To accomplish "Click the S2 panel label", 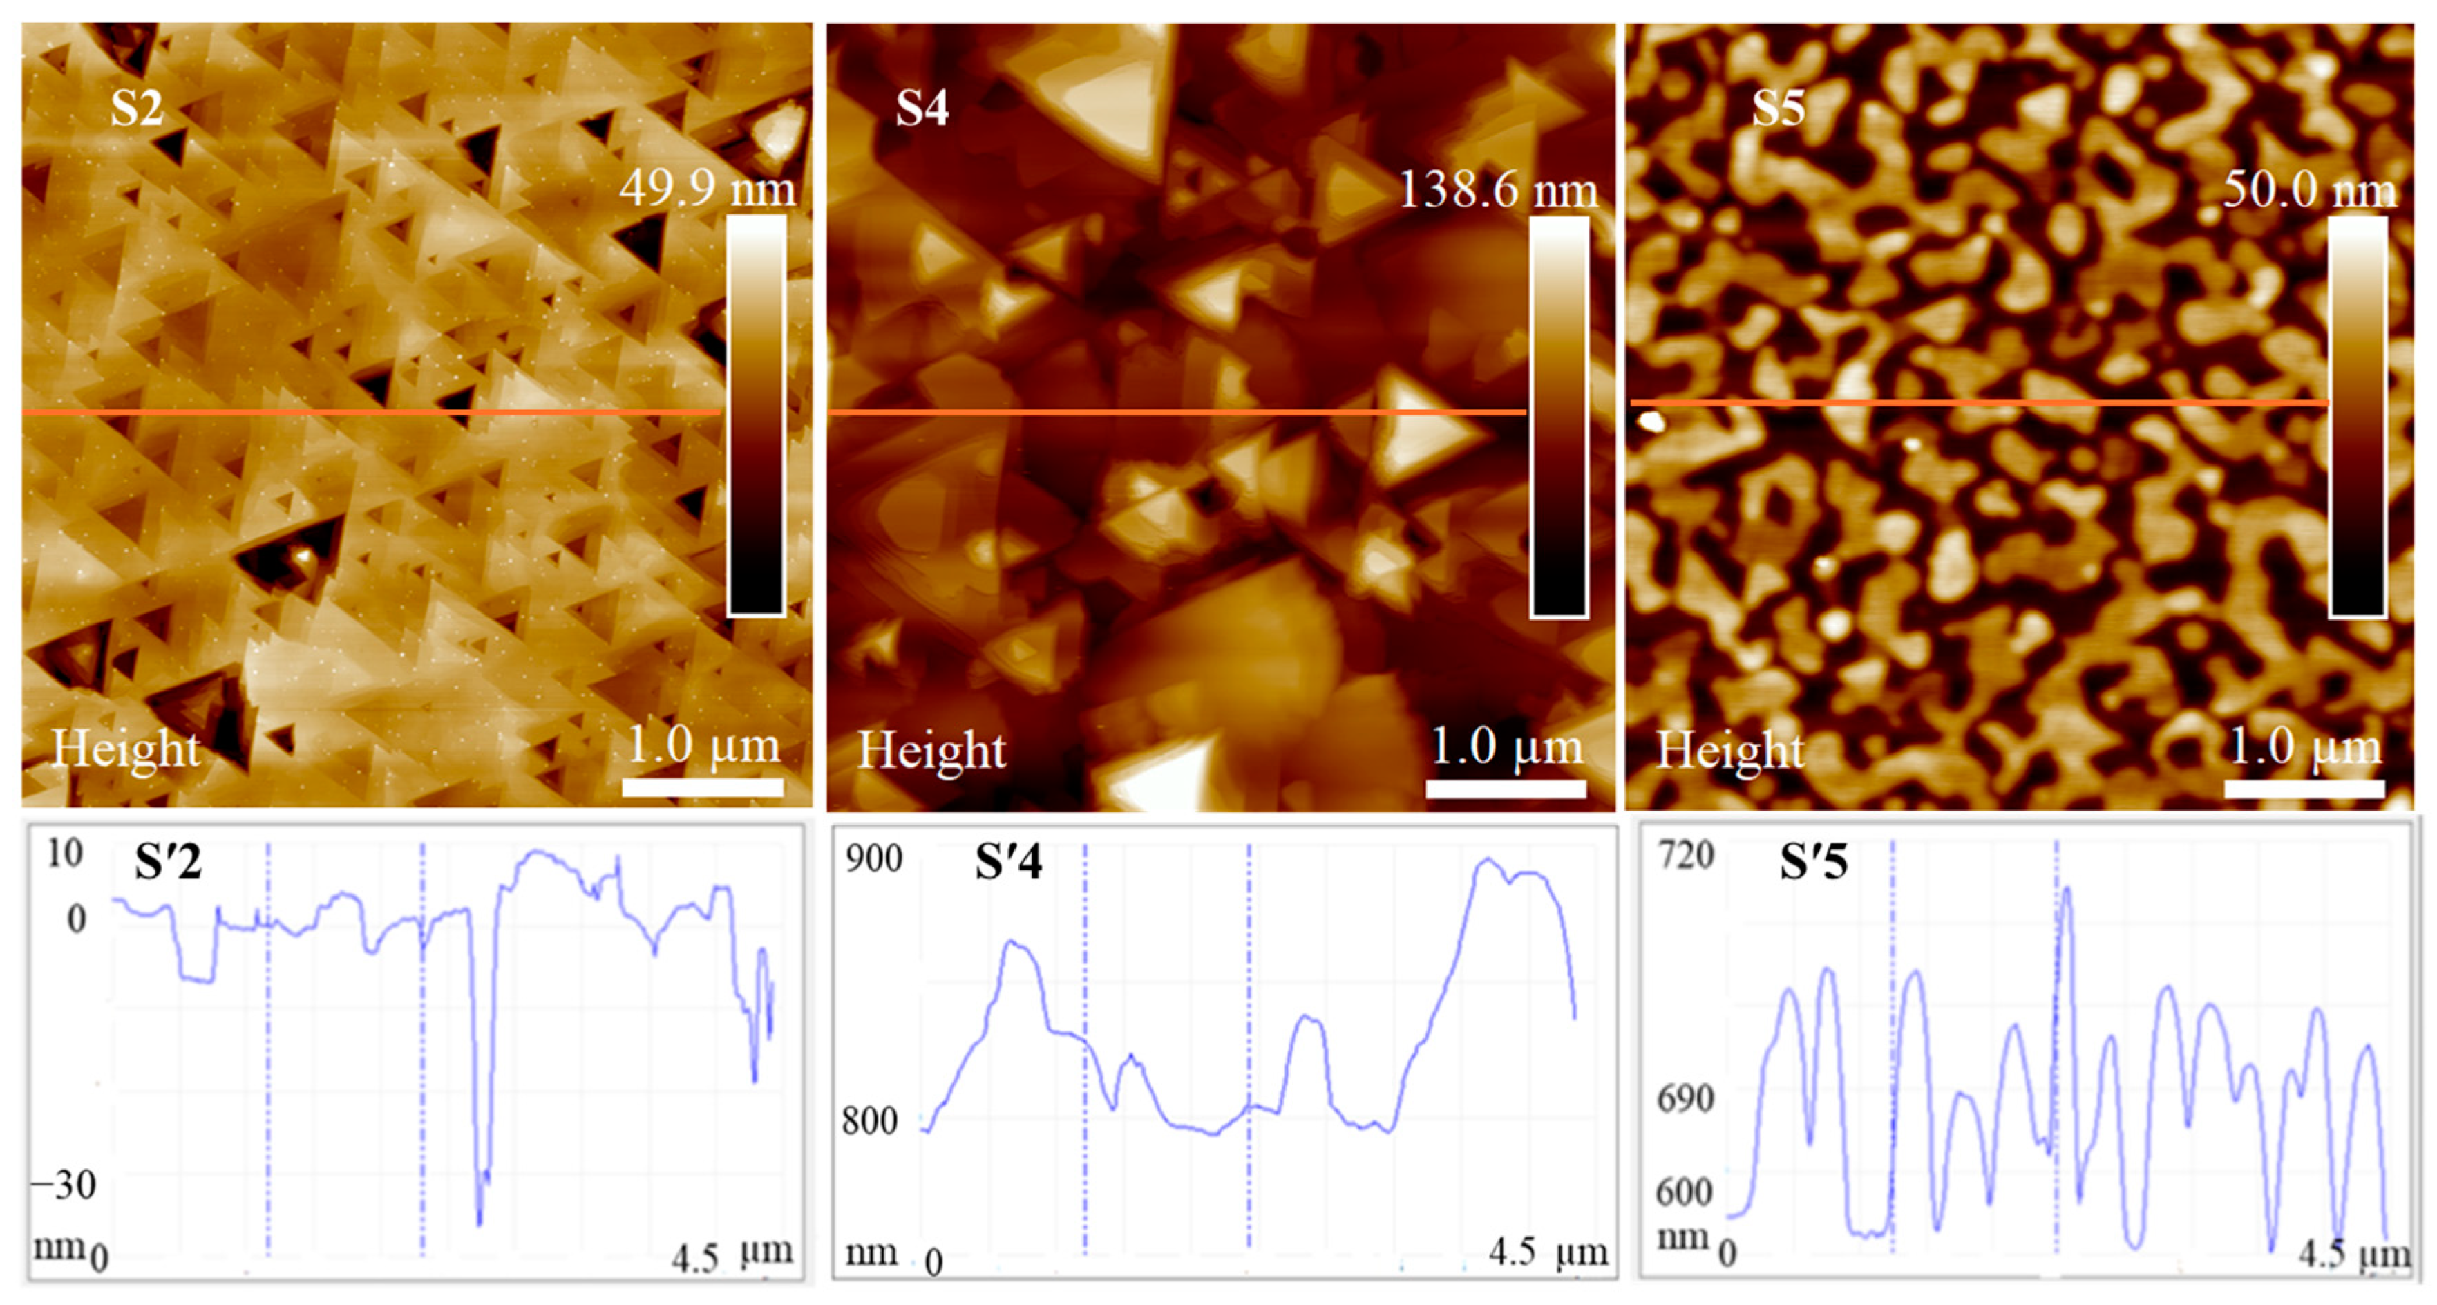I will pos(138,108).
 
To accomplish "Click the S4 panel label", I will pos(922,108).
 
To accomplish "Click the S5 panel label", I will pos(1778,108).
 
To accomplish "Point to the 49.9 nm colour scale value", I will pos(708,189).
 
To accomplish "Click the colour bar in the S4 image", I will pos(1558,416).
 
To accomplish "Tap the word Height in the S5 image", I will pos(1730,751).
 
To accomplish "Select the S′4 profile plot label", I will pos(1009,862).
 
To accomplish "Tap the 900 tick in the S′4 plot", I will pos(873,858).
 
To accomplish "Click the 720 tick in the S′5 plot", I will pos(1686,854).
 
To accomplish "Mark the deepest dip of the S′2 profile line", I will pos(480,1223).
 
